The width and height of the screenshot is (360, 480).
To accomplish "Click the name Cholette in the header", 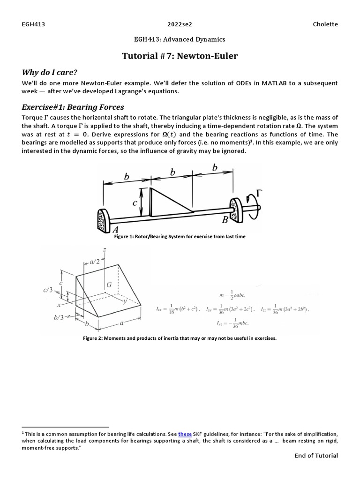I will pos(324,24).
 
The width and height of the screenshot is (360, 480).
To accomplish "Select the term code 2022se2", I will pos(180,24).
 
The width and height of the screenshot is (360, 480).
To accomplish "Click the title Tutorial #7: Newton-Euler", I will pos(180,56).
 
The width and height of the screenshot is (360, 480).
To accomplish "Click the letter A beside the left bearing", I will pos(115,230).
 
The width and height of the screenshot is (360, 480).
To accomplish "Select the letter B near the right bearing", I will pos(225,219).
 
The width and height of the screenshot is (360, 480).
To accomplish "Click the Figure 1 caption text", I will pos(180,237).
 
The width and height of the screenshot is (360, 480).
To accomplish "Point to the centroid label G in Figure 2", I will pos(109,285).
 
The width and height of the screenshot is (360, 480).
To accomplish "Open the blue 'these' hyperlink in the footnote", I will pos(185,435).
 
